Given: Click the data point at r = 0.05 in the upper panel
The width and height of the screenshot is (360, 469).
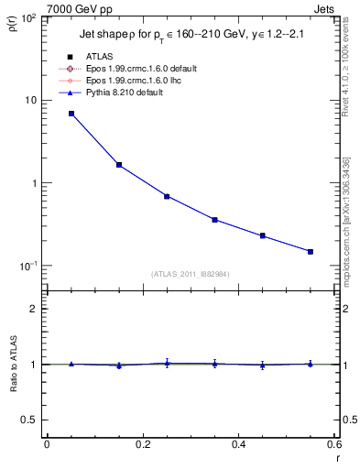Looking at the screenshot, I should pyautogui.click(x=71, y=114).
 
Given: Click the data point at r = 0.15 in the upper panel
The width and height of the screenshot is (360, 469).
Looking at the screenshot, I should pyautogui.click(x=119, y=165).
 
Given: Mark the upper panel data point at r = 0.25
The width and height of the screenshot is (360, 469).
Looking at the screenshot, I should pyautogui.click(x=167, y=196).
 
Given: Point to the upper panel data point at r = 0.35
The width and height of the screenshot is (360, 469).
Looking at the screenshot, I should pyautogui.click(x=214, y=220).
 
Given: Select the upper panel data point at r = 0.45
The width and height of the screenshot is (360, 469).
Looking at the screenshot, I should pyautogui.click(x=262, y=235).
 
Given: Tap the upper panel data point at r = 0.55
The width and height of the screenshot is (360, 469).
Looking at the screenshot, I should pyautogui.click(x=311, y=251).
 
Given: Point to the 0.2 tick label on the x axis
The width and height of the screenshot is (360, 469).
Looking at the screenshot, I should pyautogui.click(x=142, y=444).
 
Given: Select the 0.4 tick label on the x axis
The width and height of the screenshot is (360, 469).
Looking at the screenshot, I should pyautogui.click(x=238, y=444).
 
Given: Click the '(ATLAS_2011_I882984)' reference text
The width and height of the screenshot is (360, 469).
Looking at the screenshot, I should pyautogui.click(x=190, y=274).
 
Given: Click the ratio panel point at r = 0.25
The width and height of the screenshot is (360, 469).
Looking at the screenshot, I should pyautogui.click(x=167, y=364).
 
